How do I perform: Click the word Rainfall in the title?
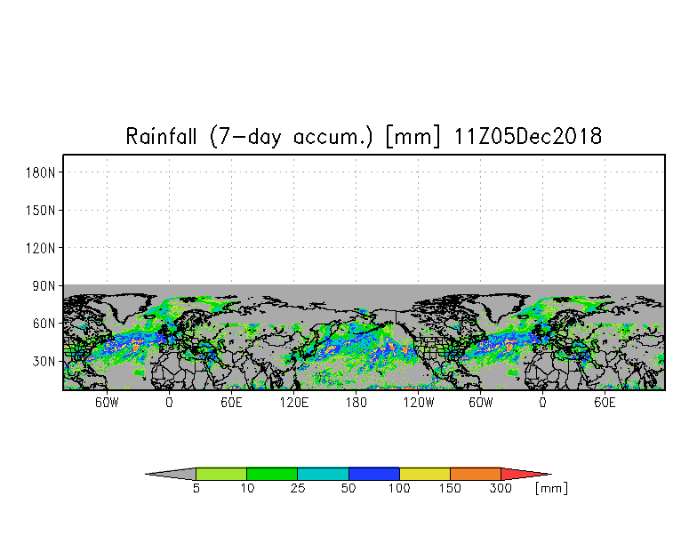161,136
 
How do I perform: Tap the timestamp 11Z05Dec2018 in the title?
528,136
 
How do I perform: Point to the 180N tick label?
41,172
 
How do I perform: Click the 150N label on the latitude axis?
41,210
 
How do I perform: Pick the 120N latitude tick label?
41,248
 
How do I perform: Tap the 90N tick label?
44,286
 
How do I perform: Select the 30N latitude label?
44,361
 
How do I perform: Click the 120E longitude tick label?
293,403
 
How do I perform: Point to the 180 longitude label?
356,403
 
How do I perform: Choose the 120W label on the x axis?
418,403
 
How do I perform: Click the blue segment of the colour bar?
373,474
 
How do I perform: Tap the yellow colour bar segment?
425,474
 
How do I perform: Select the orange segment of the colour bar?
475,474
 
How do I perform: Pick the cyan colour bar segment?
323,474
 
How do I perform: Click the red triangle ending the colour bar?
520,474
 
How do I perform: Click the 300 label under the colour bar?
501,488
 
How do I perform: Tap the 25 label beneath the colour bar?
298,488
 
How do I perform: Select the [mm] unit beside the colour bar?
551,489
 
